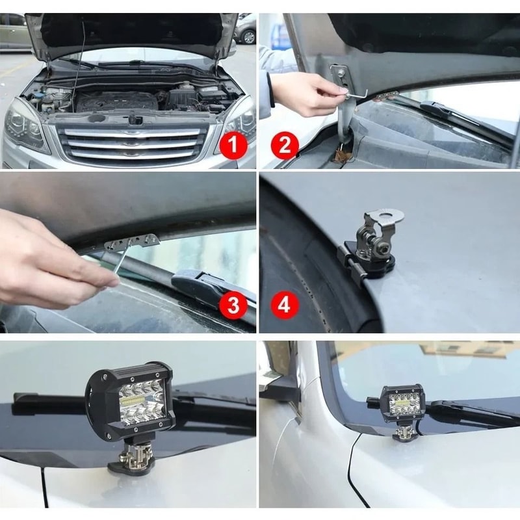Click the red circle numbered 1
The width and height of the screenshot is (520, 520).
point(233,145)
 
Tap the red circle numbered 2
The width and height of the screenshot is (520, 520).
point(284,145)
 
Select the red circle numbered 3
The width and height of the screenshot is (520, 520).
point(233,304)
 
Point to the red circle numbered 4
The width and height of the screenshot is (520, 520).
point(284,304)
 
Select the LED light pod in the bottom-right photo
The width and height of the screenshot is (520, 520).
point(402,403)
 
